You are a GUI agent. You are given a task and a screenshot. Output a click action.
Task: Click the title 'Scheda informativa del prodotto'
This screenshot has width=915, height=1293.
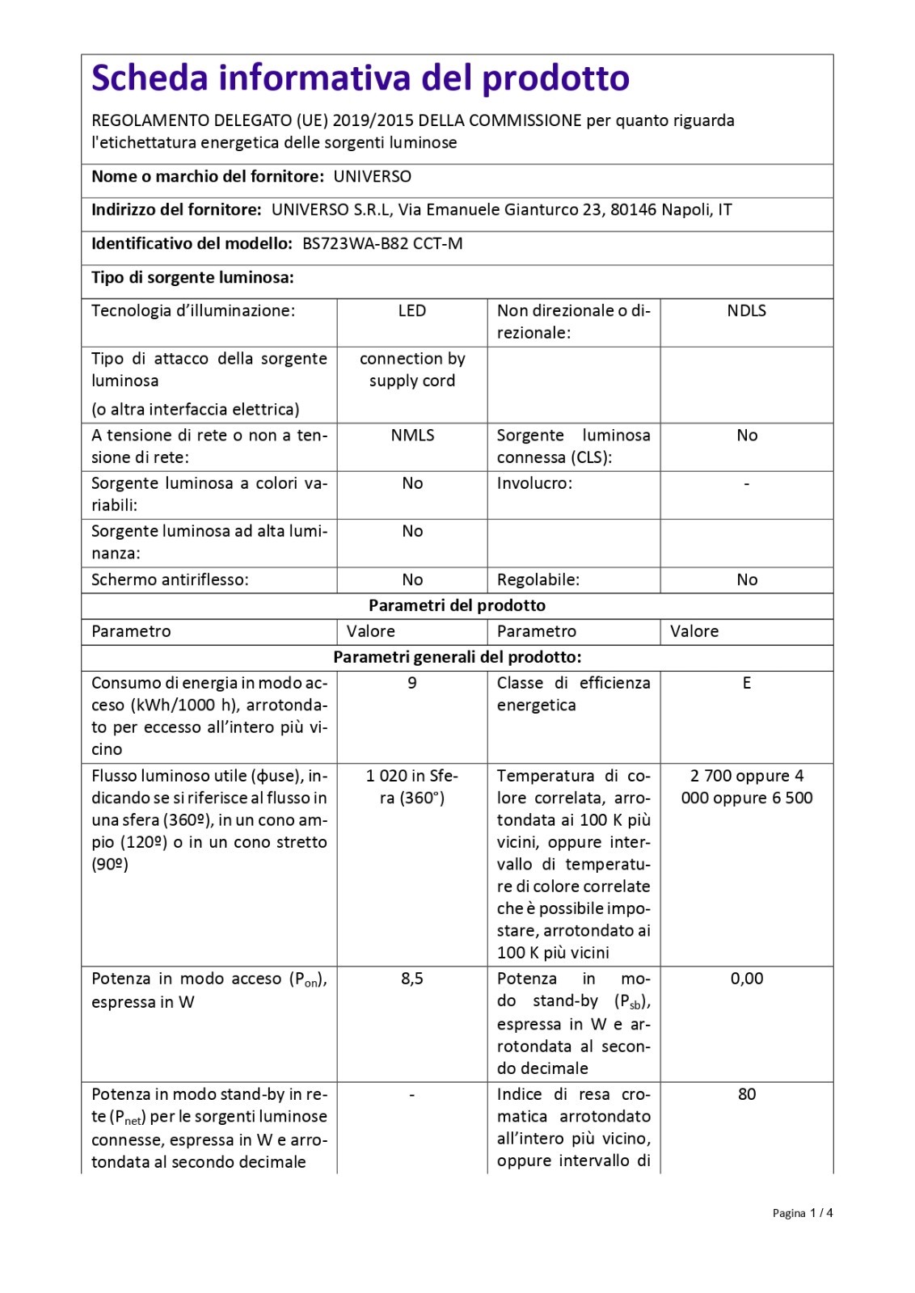click(361, 78)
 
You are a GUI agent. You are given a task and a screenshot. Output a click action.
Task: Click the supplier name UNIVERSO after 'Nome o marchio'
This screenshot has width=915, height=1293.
click(372, 176)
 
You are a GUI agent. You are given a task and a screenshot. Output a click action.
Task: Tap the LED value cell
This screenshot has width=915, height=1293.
click(412, 310)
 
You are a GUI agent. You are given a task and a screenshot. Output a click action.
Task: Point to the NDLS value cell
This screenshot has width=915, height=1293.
click(746, 310)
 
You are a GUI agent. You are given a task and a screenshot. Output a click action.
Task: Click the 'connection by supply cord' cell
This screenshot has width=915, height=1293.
click(412, 369)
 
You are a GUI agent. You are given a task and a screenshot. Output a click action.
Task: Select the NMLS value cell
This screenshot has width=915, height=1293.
click(412, 435)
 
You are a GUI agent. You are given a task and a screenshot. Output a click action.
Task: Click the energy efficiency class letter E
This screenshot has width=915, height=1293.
click(746, 683)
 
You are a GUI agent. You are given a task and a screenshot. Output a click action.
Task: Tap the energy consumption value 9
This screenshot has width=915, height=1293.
click(412, 683)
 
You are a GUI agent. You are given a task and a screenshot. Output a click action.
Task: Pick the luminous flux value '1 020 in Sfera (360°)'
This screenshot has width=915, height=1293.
click(412, 786)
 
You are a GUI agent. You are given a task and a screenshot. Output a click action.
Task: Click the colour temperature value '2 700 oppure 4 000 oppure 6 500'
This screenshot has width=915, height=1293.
click(746, 786)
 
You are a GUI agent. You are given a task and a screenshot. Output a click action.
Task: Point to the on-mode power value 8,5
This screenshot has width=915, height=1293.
click(412, 979)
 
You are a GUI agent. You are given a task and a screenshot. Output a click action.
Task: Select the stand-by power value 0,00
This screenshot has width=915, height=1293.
click(746, 979)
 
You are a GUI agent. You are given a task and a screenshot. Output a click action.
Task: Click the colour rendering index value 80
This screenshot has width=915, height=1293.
click(746, 1094)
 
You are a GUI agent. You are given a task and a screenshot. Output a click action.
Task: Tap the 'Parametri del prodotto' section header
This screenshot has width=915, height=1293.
click(457, 605)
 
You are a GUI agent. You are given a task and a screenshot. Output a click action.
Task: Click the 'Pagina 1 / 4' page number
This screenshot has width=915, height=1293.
click(802, 1212)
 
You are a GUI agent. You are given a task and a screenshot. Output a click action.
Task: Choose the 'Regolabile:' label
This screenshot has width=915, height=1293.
click(538, 579)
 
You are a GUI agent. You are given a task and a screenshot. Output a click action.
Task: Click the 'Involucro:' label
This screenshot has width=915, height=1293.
click(534, 483)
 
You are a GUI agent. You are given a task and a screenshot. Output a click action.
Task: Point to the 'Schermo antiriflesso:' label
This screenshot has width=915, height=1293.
click(170, 579)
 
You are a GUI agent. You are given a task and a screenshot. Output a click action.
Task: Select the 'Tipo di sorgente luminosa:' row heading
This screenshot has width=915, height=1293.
click(192, 277)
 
